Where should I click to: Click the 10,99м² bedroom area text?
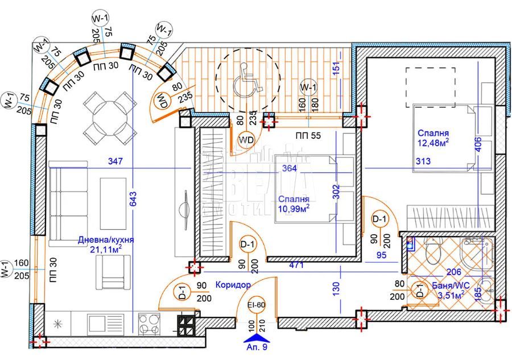[x=294, y=209]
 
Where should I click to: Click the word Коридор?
[x=233, y=284]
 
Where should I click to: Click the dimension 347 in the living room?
[x=115, y=162]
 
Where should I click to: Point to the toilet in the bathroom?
[x=432, y=252]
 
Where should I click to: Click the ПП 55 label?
[x=307, y=135]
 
